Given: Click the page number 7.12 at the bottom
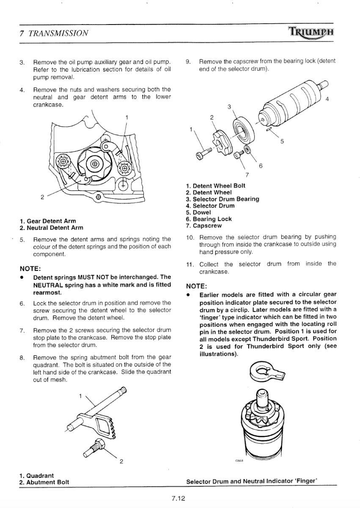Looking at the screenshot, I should point(179,498).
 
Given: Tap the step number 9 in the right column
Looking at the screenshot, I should point(189,61).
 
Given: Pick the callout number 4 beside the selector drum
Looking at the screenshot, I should point(327,99).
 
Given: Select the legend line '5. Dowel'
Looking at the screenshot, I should point(201,213).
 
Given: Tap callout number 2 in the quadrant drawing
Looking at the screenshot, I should point(121,461).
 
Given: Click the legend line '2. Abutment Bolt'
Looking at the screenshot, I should point(44,482).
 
